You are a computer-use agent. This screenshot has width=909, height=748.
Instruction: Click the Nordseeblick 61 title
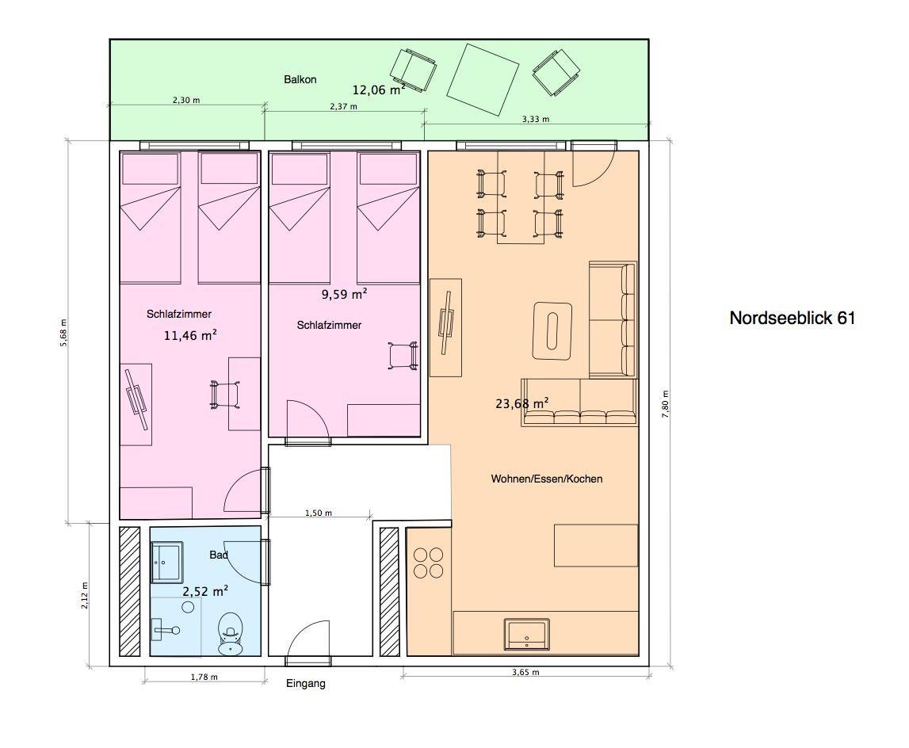point(792,318)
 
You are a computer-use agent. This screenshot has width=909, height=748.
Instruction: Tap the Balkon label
point(300,79)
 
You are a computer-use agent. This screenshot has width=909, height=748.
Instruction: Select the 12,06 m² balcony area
point(379,90)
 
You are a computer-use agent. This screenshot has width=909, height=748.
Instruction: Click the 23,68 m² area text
point(521,403)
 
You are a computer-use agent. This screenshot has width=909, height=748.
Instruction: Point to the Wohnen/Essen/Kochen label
point(547,479)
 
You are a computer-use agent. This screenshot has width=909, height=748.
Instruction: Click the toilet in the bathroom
point(230,634)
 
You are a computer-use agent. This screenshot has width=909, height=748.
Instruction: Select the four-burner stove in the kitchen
point(428,563)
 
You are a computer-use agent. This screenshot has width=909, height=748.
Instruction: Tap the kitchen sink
point(526,634)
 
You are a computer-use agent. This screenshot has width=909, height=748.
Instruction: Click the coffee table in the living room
point(552,330)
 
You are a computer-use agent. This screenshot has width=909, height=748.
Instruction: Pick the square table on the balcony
point(483,80)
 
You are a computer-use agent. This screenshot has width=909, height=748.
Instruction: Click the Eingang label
point(306,684)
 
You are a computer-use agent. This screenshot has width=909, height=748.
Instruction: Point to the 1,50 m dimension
point(319,513)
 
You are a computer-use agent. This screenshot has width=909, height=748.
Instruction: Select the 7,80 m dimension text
point(665,404)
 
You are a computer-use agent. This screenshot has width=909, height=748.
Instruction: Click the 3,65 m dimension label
point(525,673)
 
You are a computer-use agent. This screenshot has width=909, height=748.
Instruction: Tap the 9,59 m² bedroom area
point(345,294)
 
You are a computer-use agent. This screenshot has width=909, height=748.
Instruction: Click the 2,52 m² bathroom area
point(205,591)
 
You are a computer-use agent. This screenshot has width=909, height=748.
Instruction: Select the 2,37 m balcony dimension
point(344,106)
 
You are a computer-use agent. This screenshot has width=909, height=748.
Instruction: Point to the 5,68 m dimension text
point(63,332)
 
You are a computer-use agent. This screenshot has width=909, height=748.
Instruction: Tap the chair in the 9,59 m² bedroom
point(403,356)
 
